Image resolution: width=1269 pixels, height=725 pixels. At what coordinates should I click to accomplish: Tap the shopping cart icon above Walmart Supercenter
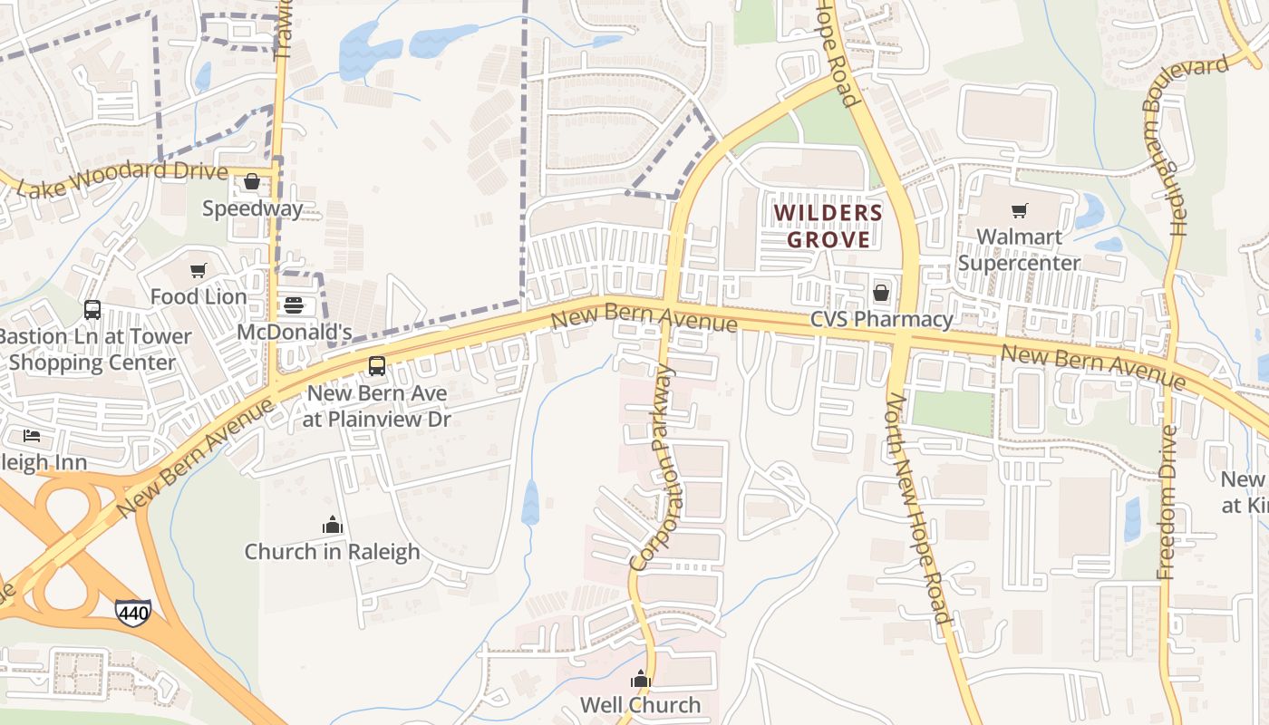[1020, 211]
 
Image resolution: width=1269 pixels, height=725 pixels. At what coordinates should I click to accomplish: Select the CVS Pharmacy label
[881, 319]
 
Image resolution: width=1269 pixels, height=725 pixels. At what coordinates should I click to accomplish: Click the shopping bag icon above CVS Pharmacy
[880, 293]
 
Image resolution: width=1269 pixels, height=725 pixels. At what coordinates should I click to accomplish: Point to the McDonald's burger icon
[294, 305]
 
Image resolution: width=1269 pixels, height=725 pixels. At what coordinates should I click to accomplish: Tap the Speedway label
[252, 208]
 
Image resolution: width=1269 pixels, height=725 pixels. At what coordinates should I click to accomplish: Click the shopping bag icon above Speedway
[252, 182]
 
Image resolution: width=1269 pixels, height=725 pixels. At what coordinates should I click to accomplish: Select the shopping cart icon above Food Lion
[199, 270]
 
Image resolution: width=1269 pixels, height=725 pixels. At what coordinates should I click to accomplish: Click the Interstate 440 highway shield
[132, 613]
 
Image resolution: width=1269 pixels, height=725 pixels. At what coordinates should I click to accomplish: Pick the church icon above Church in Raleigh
[333, 525]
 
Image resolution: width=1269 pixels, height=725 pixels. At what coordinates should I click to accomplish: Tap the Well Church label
[640, 704]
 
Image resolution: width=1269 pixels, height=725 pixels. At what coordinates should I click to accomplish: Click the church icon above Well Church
[641, 678]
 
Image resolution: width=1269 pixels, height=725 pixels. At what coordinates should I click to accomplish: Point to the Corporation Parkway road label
[653, 468]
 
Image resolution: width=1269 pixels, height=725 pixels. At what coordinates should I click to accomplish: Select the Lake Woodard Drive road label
[123, 179]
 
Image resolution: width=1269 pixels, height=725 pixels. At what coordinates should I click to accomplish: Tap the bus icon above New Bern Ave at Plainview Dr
[377, 366]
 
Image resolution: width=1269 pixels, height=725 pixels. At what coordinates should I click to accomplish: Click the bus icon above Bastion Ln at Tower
[92, 310]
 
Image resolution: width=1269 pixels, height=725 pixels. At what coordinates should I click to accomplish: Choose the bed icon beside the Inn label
[33, 436]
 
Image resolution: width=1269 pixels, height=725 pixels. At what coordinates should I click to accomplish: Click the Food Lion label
[199, 296]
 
